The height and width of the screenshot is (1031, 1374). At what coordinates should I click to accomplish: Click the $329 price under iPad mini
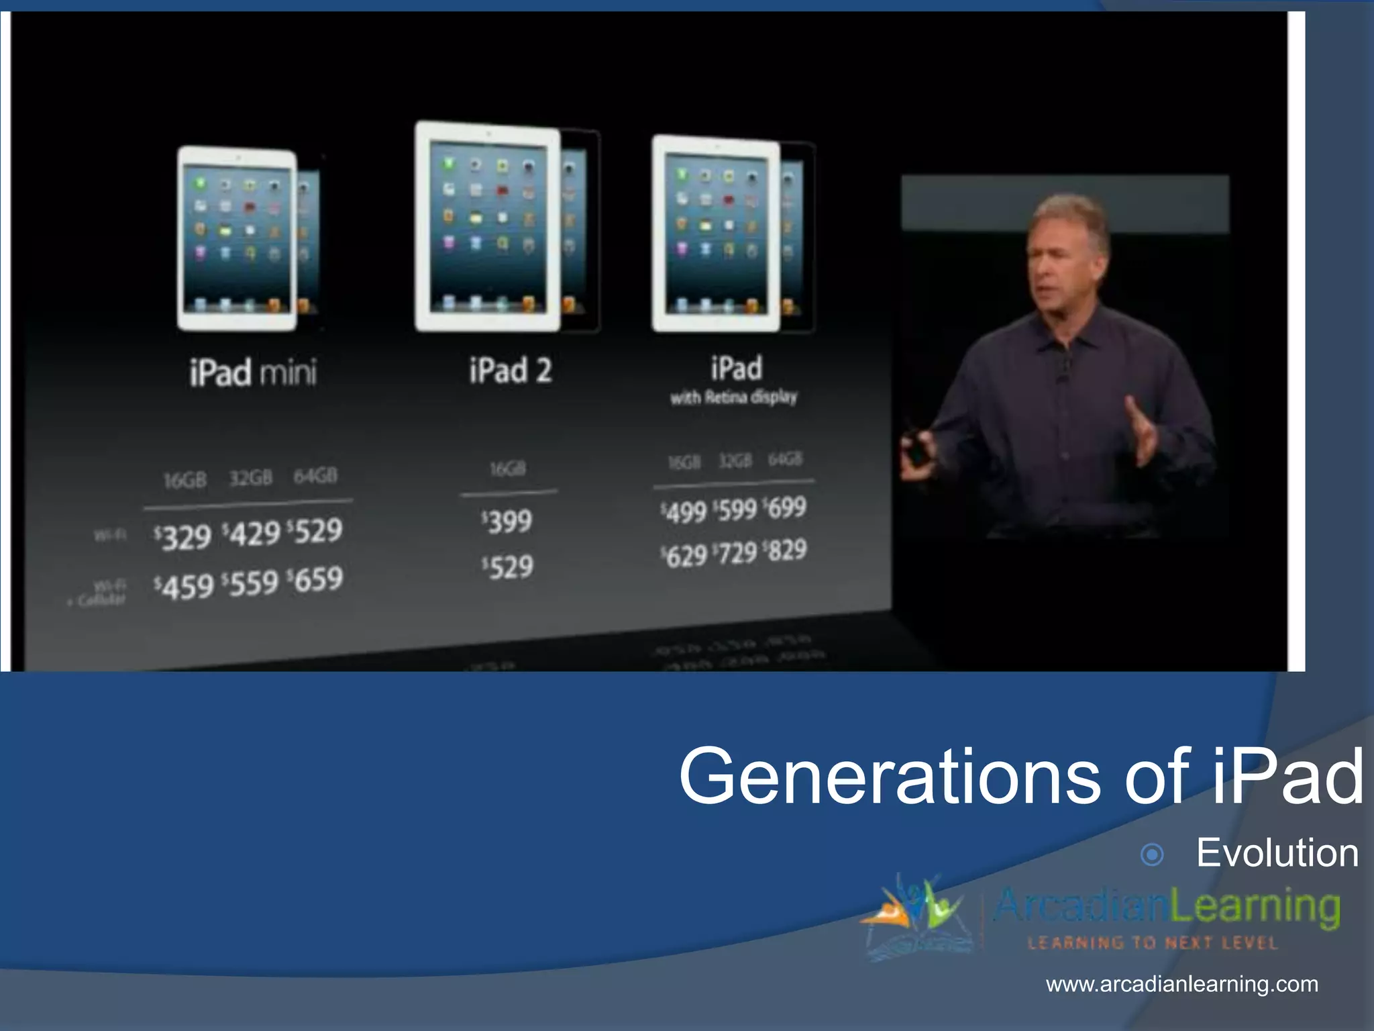[182, 537]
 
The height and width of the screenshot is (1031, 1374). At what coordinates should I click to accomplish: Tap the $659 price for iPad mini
[315, 580]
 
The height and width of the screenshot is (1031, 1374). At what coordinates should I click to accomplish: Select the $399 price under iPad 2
[507, 522]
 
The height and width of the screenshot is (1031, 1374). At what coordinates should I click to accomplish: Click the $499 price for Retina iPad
[684, 512]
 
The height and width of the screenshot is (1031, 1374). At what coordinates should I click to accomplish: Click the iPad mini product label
[253, 373]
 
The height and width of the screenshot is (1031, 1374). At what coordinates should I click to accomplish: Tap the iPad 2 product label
[511, 371]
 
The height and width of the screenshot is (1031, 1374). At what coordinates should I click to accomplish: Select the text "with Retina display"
[734, 397]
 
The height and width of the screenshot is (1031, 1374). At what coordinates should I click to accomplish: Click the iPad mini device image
[237, 240]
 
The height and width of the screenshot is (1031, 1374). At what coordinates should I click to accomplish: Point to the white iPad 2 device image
[488, 227]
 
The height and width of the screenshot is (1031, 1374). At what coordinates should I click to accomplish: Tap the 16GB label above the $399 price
[508, 469]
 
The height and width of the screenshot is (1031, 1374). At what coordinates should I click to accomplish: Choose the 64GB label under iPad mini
[315, 476]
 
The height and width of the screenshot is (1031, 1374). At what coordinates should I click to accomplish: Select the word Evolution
[1277, 853]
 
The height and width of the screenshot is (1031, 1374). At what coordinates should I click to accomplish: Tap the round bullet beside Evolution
[1152, 855]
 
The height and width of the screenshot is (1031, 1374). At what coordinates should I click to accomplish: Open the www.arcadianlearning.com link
[1182, 985]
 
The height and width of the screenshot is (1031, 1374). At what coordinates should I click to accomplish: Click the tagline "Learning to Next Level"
[1152, 943]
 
